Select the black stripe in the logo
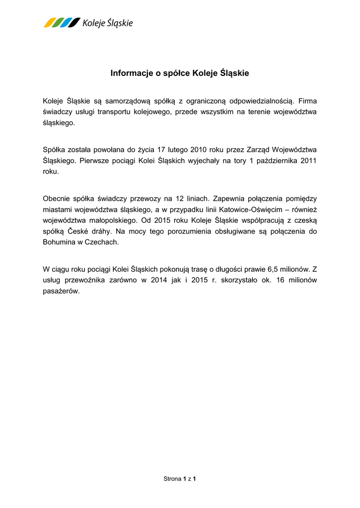[74, 22]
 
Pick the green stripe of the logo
[57, 22]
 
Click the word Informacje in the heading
[129, 73]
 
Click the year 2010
[206, 149]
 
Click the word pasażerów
[61, 291]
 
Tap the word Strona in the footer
[172, 479]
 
